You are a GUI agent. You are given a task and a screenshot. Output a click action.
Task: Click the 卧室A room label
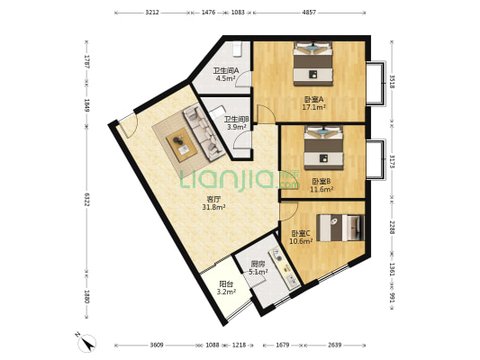pos(313,100)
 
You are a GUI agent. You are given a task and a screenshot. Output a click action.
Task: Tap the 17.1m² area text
pos(313,107)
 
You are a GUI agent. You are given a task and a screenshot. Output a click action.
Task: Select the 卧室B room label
pos(322,182)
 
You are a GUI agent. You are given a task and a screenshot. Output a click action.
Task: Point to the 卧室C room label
pos(301,234)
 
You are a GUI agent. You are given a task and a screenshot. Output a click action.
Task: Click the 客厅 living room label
pos(213,200)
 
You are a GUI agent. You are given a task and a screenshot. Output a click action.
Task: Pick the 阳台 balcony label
pos(226,284)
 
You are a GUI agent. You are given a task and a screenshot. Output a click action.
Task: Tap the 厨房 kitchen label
pos(258,264)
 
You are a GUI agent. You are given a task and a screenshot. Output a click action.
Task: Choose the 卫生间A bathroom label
pos(226,71)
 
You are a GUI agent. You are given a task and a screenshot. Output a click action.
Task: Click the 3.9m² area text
pos(237,127)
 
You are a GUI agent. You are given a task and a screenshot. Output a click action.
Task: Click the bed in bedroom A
pos(312,64)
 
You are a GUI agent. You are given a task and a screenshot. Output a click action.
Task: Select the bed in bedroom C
pos(340,228)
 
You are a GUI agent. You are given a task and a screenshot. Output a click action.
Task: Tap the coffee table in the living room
pos(182,145)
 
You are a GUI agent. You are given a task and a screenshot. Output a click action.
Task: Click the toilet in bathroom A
pos(237,49)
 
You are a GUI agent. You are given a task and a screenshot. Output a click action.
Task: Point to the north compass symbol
pos(86,342)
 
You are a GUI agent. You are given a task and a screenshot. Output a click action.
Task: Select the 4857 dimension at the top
pos(309,13)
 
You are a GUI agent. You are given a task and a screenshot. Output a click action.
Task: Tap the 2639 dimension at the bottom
pos(335,345)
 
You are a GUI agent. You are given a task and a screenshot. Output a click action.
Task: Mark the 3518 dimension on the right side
pos(392,81)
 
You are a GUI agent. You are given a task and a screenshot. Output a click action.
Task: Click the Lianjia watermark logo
pos(240,180)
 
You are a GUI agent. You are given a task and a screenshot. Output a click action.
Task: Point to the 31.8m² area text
pos(213,207)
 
